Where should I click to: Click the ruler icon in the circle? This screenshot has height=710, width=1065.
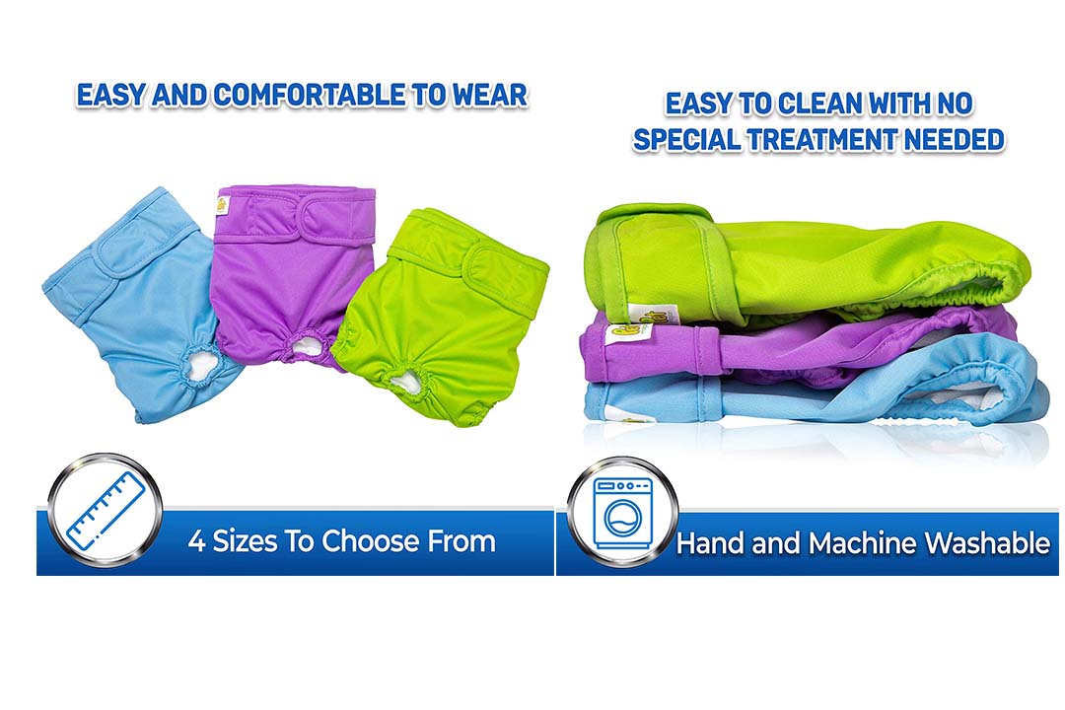pos(106,511)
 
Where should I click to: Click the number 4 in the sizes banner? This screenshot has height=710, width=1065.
pos(196,541)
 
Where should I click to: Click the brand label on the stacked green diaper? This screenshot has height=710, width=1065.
pos(642,316)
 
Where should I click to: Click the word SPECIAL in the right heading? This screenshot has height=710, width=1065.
pos(686,140)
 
